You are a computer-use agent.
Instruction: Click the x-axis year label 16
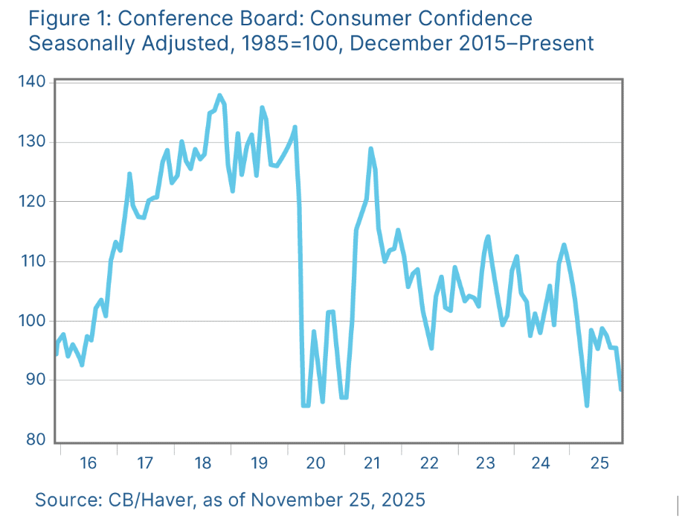88,463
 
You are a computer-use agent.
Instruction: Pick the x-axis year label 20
315,463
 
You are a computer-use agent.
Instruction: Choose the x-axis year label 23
485,463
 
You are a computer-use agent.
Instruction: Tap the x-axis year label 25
598,463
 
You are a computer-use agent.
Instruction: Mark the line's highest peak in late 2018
219,95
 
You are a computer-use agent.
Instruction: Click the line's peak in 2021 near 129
370,149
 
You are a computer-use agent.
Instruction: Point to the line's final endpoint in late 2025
621,389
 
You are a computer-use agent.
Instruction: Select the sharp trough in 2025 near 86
587,405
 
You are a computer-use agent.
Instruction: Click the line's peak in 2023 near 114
488,237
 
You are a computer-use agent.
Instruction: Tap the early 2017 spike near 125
129,174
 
